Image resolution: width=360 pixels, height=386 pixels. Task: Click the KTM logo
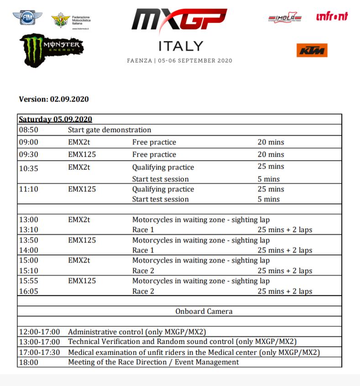coord(312,50)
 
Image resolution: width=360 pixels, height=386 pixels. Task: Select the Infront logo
coord(332,16)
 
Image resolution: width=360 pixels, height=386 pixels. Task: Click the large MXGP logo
coord(179,21)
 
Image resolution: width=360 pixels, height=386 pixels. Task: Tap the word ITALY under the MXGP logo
coord(180,46)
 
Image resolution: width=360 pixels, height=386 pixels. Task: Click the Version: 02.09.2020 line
coord(54,99)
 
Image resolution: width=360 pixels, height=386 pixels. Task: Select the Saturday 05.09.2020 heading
coord(55,119)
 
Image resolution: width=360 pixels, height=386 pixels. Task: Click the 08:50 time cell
coord(28,130)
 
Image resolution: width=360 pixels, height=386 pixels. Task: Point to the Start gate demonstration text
coord(110,130)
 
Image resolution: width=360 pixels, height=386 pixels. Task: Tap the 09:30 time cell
coord(28,154)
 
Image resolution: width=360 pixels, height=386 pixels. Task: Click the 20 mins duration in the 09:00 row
coord(271,142)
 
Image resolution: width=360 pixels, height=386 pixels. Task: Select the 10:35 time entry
coord(28,168)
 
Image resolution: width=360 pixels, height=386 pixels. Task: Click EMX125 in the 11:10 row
coord(82,189)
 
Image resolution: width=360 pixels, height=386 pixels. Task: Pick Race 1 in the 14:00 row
coord(140,250)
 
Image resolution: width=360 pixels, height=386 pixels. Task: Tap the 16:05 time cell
coord(28,291)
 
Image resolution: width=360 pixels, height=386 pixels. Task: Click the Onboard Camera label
coord(203,312)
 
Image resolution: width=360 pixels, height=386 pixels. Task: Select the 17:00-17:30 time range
coord(39,352)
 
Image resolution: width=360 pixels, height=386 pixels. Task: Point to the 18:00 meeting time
coord(28,362)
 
